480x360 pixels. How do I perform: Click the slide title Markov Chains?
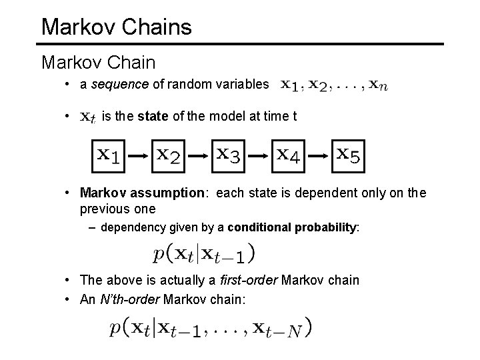116,27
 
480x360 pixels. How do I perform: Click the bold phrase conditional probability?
293,227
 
